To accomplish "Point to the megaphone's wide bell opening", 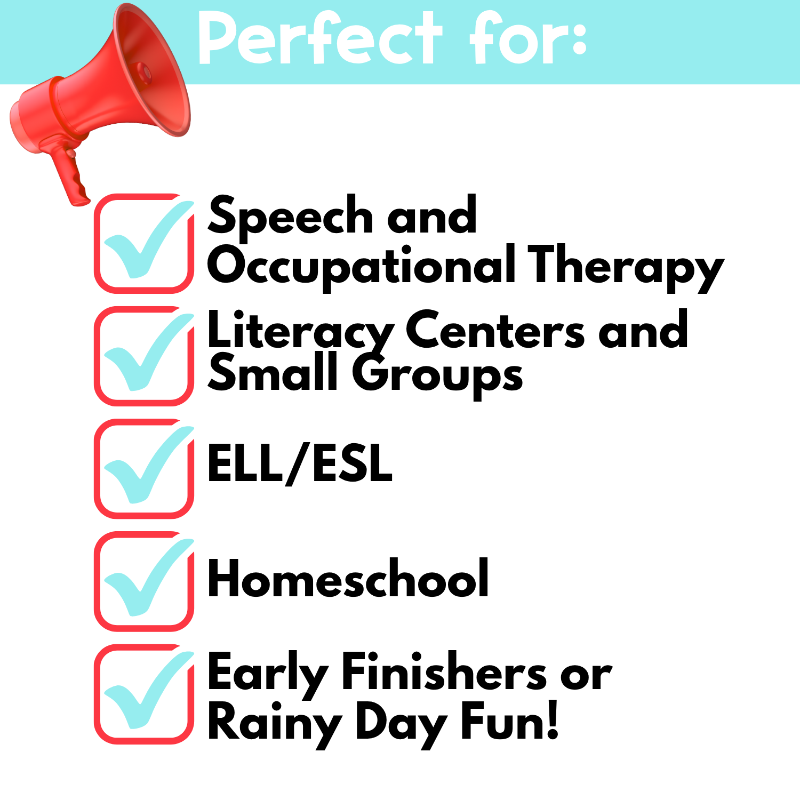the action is coord(152,69).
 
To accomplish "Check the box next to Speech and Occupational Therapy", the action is coord(144,243).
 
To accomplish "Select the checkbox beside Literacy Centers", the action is coord(144,356).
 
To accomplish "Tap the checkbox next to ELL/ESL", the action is coord(144,468).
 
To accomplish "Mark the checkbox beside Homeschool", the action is coord(144,581).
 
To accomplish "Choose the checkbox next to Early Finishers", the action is coord(144,694).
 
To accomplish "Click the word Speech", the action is coord(291,216).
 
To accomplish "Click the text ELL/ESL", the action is coord(300,463).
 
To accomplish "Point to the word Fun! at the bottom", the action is coord(510,721).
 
